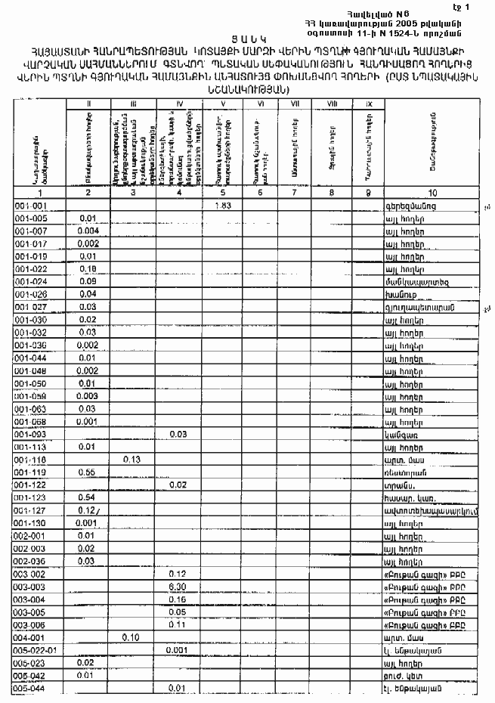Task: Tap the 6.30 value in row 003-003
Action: coord(178,587)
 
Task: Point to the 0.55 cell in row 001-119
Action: coord(86,472)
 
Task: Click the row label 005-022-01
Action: coord(35,650)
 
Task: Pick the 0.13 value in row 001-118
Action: coord(132,459)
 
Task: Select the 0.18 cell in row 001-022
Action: coord(86,269)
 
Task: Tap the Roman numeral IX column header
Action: coord(369,103)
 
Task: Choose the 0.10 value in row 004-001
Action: coord(132,637)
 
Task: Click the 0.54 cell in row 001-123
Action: coord(86,497)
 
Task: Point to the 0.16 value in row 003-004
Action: coord(178,599)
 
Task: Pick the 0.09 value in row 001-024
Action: coord(86,281)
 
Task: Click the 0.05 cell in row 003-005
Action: coord(178,612)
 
